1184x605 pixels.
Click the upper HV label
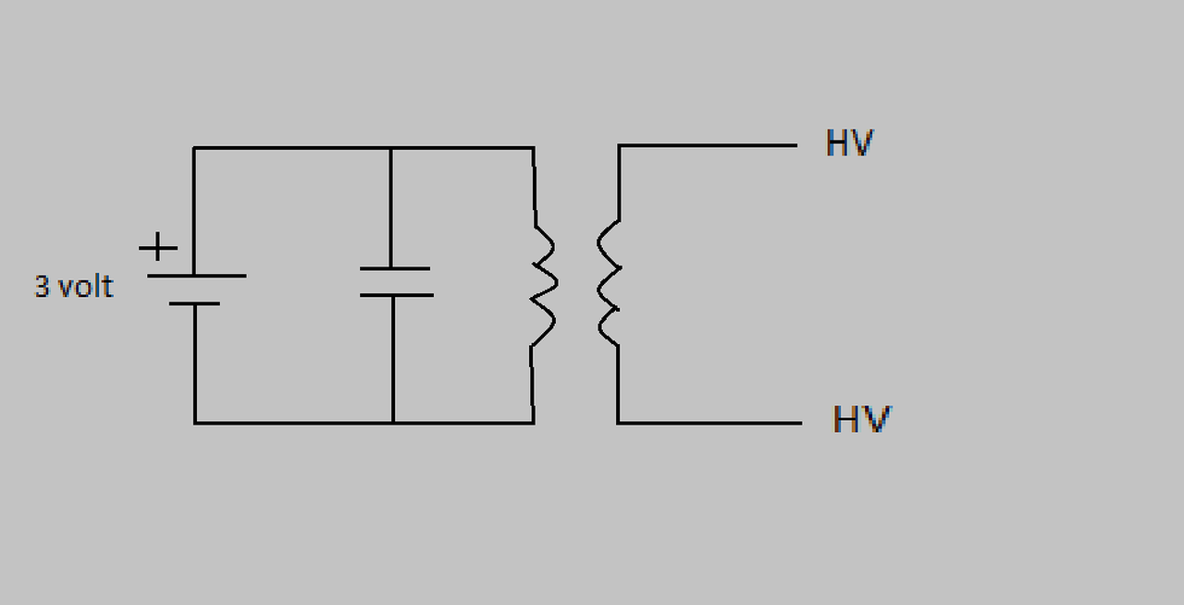(x=849, y=143)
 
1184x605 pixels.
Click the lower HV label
(x=861, y=419)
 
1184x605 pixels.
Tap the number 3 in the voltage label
(x=42, y=287)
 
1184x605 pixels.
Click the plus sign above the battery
(x=158, y=247)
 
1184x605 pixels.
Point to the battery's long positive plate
(x=196, y=276)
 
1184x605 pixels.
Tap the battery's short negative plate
(x=195, y=303)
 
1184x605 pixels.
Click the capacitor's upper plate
(x=394, y=268)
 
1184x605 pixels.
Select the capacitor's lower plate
(x=395, y=295)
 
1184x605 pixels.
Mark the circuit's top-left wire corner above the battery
(x=193, y=147)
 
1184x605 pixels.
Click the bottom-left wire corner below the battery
(x=194, y=423)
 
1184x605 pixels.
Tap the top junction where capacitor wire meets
(x=390, y=147)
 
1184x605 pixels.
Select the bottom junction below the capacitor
(x=393, y=423)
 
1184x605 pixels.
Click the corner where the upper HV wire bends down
(x=619, y=145)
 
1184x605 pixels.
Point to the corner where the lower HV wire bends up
(x=618, y=423)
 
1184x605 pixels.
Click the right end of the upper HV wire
(x=795, y=145)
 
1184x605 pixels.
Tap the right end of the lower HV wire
(x=800, y=423)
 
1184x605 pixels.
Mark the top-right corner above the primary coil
(x=534, y=147)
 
